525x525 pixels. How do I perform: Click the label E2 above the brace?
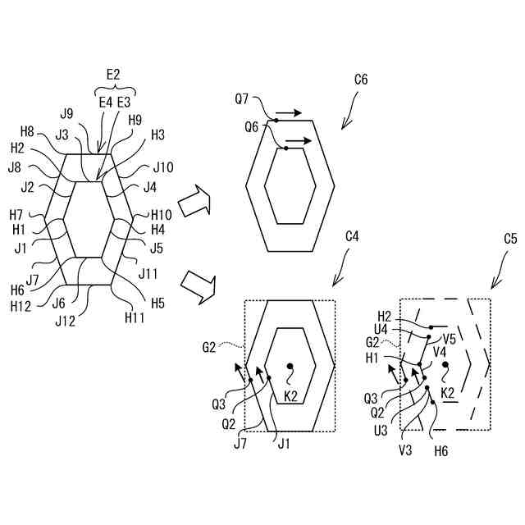[113, 75]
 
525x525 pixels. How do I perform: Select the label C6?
[361, 80]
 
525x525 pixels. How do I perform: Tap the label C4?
[352, 235]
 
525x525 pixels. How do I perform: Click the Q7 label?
[242, 99]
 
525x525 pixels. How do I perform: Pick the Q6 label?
[252, 127]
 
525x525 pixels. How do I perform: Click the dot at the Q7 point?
[276, 121]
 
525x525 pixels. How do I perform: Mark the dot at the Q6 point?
[285, 148]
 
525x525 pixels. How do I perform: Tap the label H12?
[21, 305]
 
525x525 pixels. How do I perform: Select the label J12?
[65, 321]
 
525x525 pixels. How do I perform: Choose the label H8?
[27, 131]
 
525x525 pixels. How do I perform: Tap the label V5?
[450, 337]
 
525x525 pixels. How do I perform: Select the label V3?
[405, 450]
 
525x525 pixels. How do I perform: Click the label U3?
[381, 430]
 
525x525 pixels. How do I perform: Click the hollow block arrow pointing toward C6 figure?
[194, 201]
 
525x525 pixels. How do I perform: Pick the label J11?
[149, 273]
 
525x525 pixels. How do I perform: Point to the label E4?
[106, 102]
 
